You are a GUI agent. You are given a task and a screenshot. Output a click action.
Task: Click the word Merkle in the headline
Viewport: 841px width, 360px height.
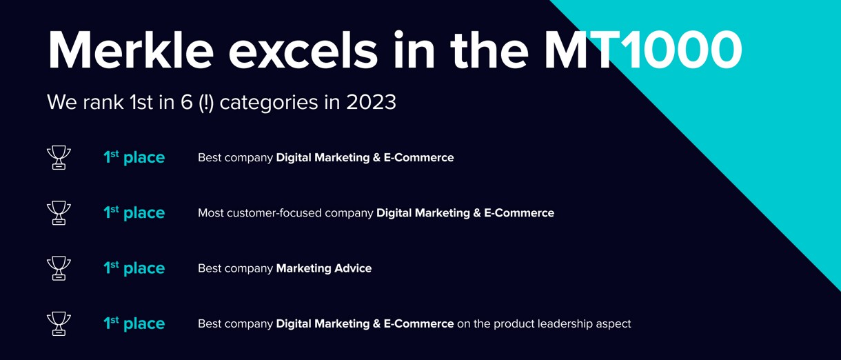[x=131, y=50]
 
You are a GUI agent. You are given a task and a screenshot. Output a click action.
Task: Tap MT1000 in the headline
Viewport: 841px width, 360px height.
[x=642, y=50]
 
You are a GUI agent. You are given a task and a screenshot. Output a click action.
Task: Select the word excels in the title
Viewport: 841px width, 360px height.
[x=303, y=50]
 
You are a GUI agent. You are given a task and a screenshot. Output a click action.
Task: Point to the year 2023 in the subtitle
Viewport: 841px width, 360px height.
[x=371, y=102]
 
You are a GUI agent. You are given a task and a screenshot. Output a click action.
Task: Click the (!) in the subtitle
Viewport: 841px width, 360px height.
[x=206, y=103]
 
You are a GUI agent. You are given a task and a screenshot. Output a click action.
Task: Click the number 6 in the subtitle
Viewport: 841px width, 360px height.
[x=187, y=102]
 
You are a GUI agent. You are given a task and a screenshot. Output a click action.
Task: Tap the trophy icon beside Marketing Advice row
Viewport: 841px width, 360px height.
[x=59, y=268]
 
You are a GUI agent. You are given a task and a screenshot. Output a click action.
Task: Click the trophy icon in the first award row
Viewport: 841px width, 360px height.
[x=59, y=157]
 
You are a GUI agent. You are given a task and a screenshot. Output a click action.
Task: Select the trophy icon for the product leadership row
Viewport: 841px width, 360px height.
[x=59, y=323]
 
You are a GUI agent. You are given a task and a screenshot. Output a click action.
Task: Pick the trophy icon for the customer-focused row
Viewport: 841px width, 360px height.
[x=59, y=212]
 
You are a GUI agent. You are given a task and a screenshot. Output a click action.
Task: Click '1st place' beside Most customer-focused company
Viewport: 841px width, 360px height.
[x=134, y=212]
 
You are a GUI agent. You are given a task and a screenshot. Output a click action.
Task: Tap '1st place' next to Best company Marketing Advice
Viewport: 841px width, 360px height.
[x=134, y=268]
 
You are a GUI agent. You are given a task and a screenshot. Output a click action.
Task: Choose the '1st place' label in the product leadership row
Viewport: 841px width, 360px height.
[x=134, y=323]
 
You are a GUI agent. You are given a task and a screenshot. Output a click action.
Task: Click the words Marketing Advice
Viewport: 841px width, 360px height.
[x=323, y=268]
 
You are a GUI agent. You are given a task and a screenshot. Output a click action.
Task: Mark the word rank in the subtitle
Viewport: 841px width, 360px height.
[x=103, y=102]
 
